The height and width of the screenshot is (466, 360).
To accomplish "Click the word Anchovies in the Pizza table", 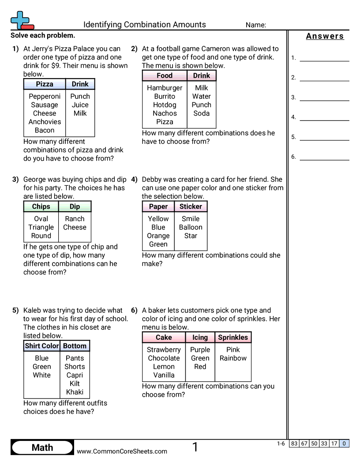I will tap(45, 122).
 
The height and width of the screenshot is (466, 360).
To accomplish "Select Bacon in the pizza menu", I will tap(45, 130).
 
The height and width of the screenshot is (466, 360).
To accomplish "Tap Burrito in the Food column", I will tap(165, 96).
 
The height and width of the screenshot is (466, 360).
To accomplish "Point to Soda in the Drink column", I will tap(201, 113).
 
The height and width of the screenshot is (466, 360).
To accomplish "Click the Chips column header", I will tap(41, 207).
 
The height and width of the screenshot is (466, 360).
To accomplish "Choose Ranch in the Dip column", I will tap(75, 218).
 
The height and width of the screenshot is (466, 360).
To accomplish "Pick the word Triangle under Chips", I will tap(41, 227).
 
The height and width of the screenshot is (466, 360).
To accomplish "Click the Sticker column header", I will tap(191, 207).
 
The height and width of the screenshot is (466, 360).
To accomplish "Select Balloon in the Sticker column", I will tap(191, 227).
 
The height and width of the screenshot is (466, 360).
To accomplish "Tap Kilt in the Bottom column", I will tap(75, 383).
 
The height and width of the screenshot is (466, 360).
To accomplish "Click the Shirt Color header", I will tap(41, 346).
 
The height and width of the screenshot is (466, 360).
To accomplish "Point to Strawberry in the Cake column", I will tap(164, 349).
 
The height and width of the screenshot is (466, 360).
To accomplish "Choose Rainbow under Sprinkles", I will tap(233, 358).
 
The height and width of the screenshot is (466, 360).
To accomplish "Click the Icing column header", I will tap(200, 338).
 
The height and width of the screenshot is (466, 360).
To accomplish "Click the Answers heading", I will tap(325, 36).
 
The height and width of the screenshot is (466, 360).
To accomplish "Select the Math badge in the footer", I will tap(42, 448).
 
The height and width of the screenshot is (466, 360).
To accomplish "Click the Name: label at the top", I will tap(256, 25).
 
